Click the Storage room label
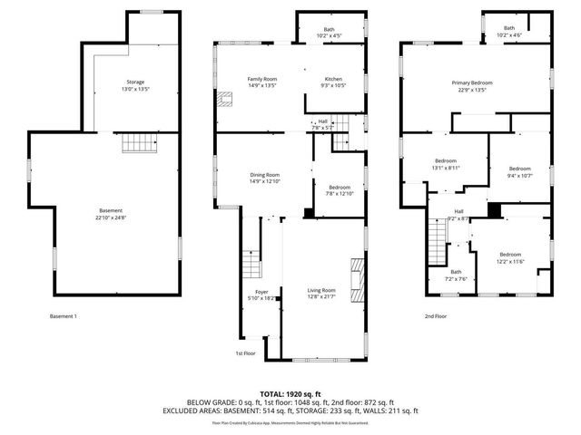(x=135, y=82)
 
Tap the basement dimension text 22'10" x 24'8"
(x=111, y=217)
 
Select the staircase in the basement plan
(x=135, y=143)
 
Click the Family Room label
(x=262, y=79)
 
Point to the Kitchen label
(x=333, y=79)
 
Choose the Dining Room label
(x=265, y=174)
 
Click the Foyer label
(x=261, y=292)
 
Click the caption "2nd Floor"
(x=436, y=316)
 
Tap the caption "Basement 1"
(x=64, y=316)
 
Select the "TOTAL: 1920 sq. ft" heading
(x=290, y=394)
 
